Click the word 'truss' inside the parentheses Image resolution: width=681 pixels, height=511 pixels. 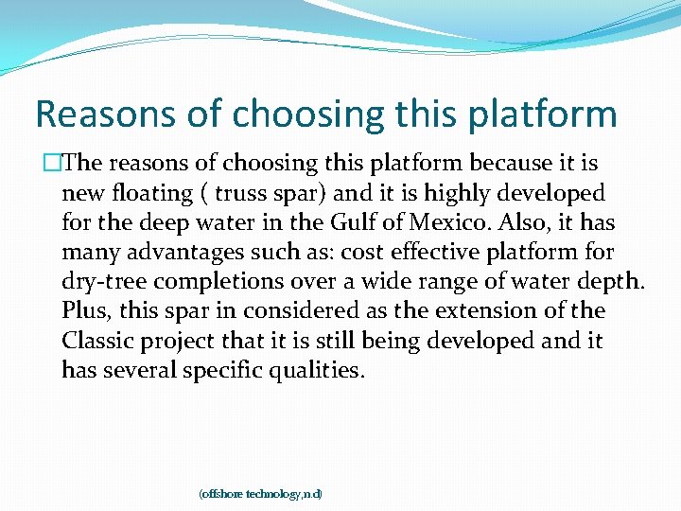tap(242, 193)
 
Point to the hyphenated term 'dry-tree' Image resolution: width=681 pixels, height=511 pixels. tap(103, 282)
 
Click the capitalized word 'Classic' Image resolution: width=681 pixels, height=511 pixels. tap(98, 341)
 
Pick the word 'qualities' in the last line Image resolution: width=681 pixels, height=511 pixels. tap(315, 370)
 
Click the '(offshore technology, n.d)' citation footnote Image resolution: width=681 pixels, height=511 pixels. tap(260, 494)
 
